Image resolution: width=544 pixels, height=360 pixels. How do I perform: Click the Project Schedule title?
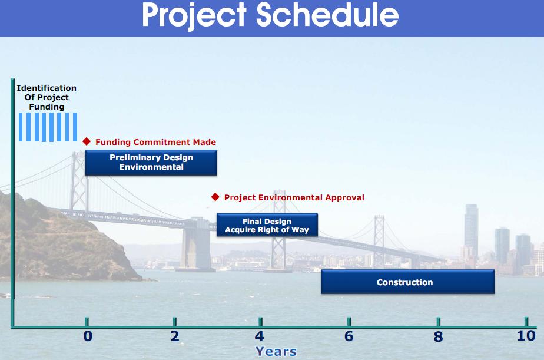click(x=270, y=15)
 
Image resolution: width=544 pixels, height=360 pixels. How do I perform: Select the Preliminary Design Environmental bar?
click(x=151, y=163)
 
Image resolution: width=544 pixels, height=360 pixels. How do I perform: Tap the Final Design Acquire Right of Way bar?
click(x=267, y=225)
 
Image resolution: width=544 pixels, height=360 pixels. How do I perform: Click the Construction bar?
click(x=407, y=282)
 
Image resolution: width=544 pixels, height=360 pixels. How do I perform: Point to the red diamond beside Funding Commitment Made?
click(x=87, y=141)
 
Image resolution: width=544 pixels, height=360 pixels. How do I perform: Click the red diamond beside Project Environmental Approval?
click(x=215, y=197)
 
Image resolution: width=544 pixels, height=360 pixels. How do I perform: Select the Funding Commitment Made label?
click(x=156, y=142)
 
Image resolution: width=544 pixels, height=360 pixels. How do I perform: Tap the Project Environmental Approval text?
click(x=294, y=197)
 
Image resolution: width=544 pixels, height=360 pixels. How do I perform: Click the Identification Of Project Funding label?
click(x=47, y=97)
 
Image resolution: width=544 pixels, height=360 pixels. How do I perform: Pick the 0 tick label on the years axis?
click(x=88, y=336)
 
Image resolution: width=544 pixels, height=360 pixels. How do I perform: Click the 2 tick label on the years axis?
click(x=175, y=336)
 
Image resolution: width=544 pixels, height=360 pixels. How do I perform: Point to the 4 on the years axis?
click(x=260, y=336)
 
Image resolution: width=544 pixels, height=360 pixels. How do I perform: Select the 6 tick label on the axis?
click(x=349, y=336)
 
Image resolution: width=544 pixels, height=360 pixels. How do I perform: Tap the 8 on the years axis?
click(x=438, y=336)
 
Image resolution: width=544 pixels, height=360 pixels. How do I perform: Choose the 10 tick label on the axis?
click(x=526, y=336)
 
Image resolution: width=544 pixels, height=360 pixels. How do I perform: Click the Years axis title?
click(x=276, y=352)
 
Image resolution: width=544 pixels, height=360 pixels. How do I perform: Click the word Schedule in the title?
click(x=327, y=15)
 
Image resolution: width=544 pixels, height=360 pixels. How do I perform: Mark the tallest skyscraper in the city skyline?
click(x=472, y=231)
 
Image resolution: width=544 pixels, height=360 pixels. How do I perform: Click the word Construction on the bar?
click(x=405, y=282)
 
